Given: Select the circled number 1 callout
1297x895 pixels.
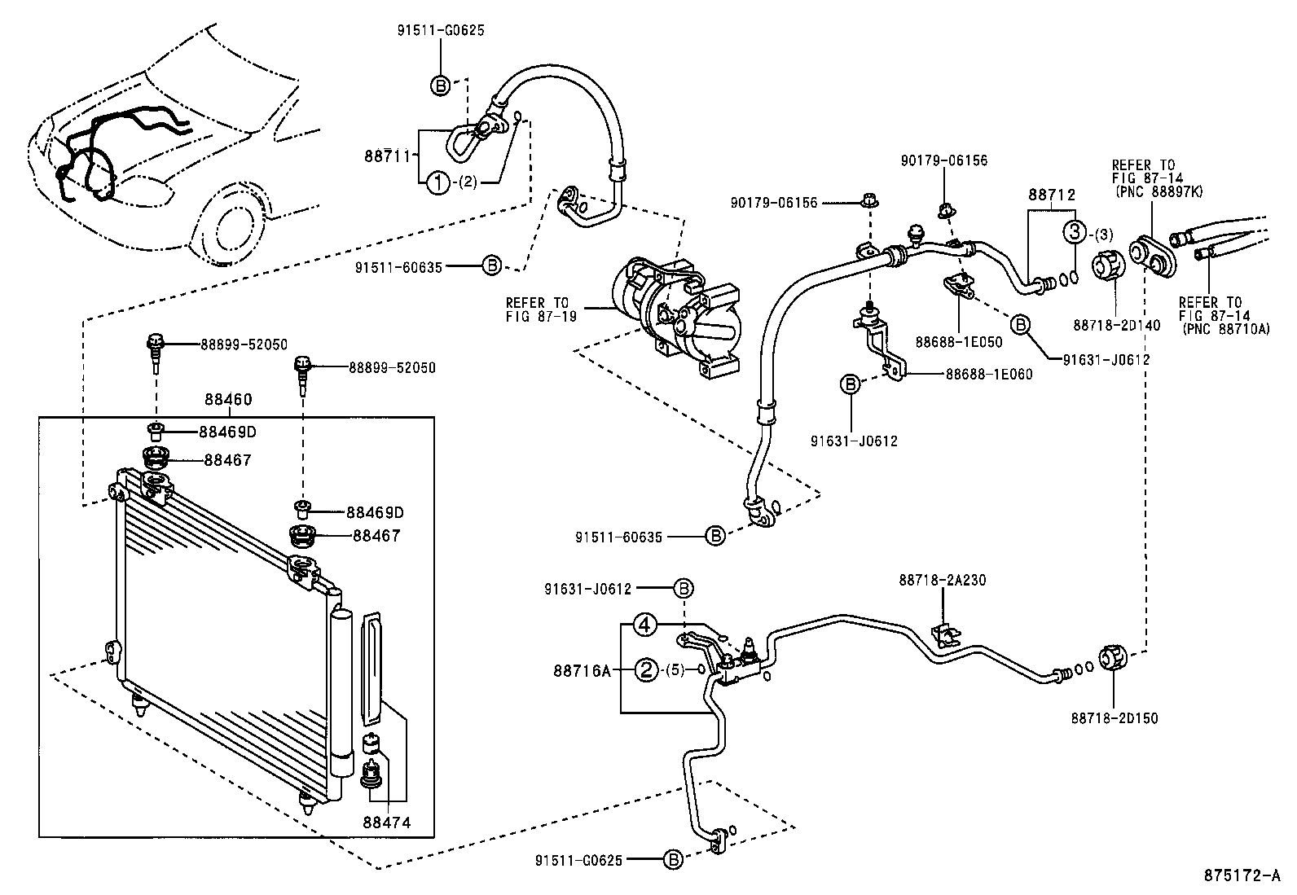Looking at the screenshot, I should tap(437, 183).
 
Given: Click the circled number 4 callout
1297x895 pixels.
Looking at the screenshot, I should tap(644, 625).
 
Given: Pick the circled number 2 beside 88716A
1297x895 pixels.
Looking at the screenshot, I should tap(645, 671).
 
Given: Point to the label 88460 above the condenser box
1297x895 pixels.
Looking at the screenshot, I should tap(228, 400).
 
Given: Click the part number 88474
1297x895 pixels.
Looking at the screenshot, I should tap(387, 823).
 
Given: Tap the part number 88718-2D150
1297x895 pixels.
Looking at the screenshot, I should tap(1115, 717).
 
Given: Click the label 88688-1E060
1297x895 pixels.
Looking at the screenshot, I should tap(988, 375).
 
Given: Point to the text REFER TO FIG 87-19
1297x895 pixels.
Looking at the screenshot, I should tap(541, 309).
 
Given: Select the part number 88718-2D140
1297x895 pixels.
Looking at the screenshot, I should tap(1116, 324).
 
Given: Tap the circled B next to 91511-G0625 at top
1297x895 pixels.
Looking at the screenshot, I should tap(439, 85).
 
